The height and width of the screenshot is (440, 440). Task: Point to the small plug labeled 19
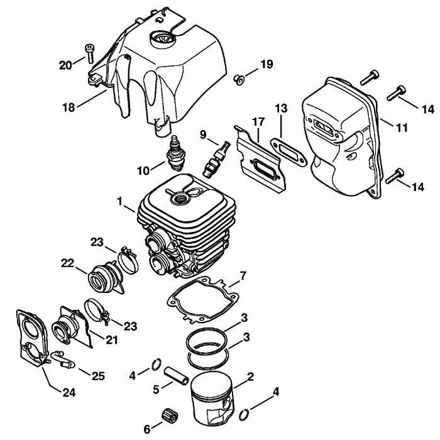239,78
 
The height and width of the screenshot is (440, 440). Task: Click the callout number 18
68,108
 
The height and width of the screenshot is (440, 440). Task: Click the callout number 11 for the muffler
402,128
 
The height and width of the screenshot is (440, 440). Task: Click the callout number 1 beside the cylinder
120,203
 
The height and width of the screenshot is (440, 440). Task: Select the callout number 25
98,376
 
